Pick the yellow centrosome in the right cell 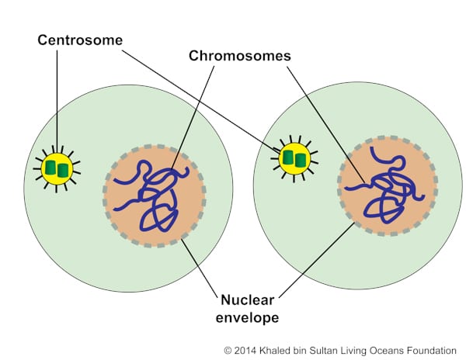point(294,159)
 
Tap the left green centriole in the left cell point(50,168)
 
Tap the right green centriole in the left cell point(63,168)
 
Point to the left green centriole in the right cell point(288,159)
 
